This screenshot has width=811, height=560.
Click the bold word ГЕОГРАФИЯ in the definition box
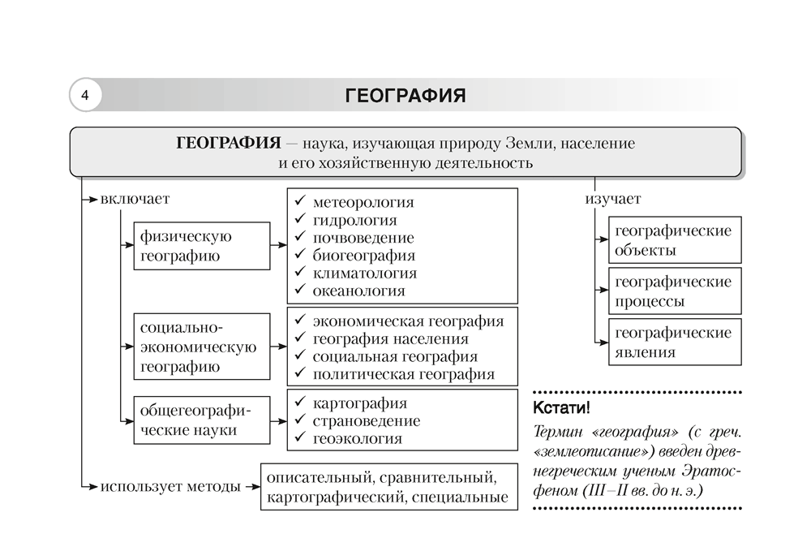click(224, 144)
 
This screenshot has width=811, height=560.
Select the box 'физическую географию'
click(202, 246)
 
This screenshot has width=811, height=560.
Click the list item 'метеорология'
click(363, 202)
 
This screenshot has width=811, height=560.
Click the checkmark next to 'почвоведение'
click(300, 238)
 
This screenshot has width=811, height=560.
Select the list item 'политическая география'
click(403, 374)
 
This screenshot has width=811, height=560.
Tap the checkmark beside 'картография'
click(300, 403)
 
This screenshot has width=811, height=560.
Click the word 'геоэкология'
click(357, 439)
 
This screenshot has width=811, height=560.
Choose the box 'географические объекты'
click(672, 240)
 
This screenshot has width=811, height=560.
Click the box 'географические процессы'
click(672, 291)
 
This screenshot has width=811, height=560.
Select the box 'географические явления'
click(672, 342)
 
